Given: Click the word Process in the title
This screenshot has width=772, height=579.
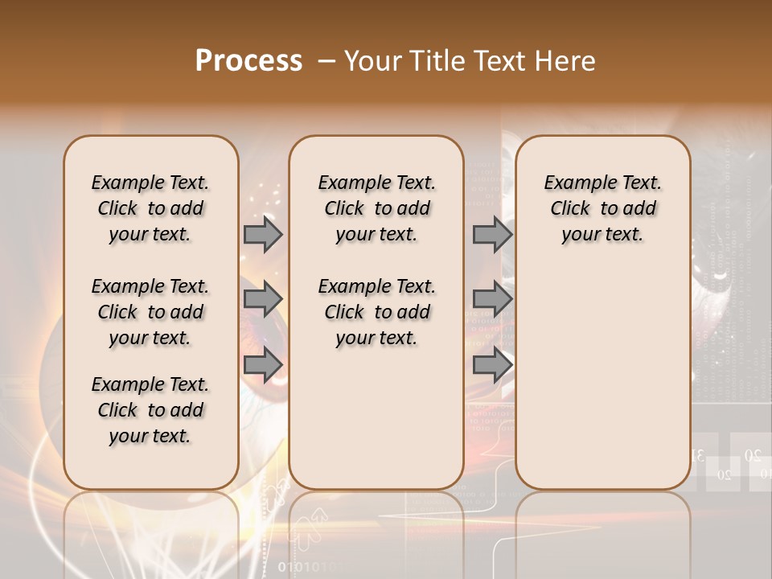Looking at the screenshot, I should tap(248, 61).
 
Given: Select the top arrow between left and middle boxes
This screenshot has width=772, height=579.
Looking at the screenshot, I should tap(263, 235).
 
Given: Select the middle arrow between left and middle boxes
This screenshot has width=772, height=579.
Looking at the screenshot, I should tap(263, 299).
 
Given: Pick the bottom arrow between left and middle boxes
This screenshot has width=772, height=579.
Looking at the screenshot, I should tap(263, 364).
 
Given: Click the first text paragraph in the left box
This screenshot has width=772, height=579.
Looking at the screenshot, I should tap(150, 208).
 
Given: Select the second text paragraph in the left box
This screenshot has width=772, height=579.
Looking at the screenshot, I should tap(150, 312).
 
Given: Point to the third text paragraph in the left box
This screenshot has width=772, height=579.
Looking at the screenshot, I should tap(150, 410).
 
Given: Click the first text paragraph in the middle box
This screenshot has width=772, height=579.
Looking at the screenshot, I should tap(376, 208).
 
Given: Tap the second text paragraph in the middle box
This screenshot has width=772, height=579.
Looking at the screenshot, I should tap(376, 312).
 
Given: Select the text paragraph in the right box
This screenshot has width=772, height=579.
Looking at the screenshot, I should tap(602, 208).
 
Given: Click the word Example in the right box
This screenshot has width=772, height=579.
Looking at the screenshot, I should tap(573, 183).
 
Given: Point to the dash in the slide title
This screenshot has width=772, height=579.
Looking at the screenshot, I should tap(326, 61).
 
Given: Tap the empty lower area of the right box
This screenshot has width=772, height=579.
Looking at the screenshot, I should tap(602, 378).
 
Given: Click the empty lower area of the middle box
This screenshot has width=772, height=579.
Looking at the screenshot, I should tap(376, 418).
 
